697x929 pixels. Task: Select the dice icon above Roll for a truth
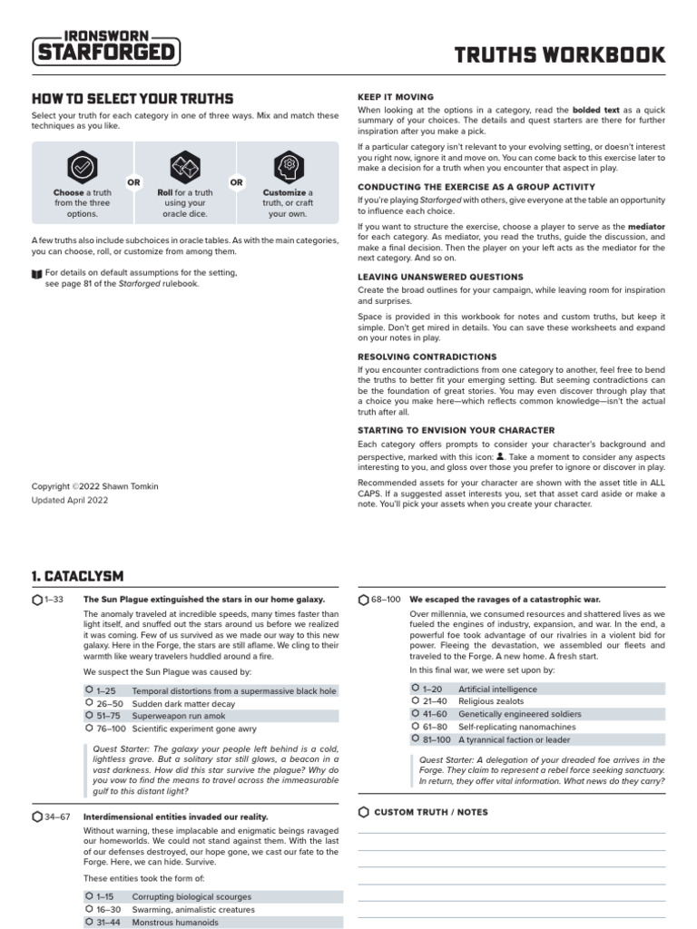pyautogui.click(x=184, y=167)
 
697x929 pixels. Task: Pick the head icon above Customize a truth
pyautogui.click(x=288, y=167)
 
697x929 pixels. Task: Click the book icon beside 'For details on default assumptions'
pyautogui.click(x=36, y=272)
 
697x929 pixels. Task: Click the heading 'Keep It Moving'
pyautogui.click(x=395, y=97)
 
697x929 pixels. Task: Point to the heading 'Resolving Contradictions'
pyautogui.click(x=427, y=357)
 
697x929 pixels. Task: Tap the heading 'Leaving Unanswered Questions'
pyautogui.click(x=440, y=277)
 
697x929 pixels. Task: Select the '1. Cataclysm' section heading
pyautogui.click(x=77, y=576)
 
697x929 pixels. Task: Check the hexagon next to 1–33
pyautogui.click(x=37, y=600)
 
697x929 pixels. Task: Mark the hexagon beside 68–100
pyautogui.click(x=364, y=600)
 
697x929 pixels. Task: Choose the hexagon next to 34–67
pyautogui.click(x=37, y=817)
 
